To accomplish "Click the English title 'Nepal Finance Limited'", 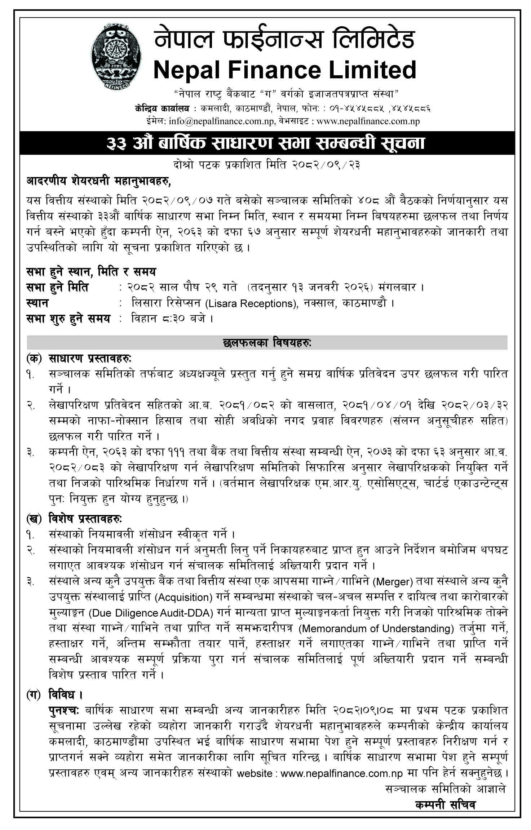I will [x=285, y=69].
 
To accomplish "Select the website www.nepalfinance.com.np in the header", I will [x=368, y=121].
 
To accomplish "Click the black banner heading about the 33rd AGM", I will [x=266, y=143].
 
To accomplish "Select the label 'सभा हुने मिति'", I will [x=58, y=287].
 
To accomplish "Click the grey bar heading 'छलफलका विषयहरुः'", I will [x=267, y=343].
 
